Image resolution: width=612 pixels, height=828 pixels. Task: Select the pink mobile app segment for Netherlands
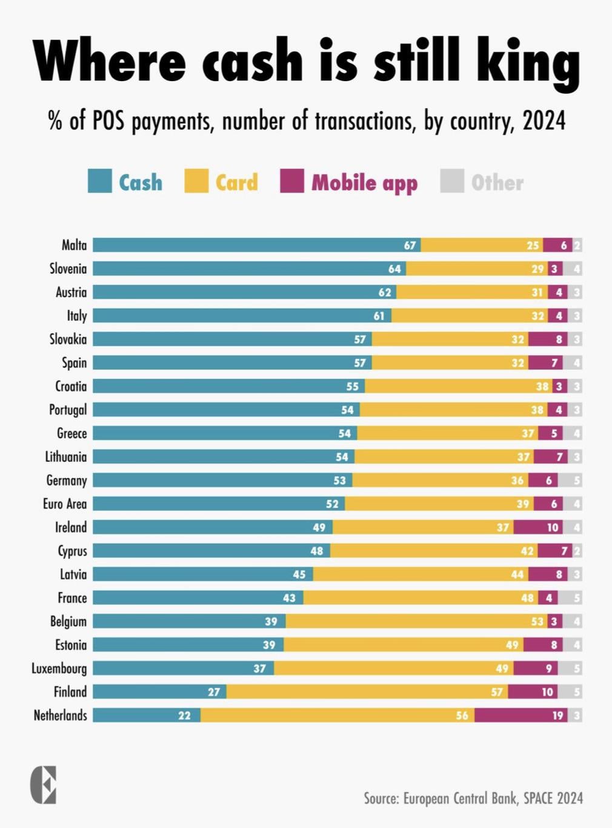point(521,715)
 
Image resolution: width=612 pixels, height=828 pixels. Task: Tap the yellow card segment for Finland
point(367,692)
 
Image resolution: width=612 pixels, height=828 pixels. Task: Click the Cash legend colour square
point(100,182)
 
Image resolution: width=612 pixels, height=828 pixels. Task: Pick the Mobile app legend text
point(364,183)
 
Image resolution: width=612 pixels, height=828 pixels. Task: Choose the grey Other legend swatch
point(452,182)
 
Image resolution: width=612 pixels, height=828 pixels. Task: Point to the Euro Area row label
point(65,504)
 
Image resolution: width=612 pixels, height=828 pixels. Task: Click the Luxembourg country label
point(59,669)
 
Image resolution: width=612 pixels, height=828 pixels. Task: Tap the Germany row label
point(67,481)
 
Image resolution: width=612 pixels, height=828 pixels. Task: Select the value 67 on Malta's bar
point(410,245)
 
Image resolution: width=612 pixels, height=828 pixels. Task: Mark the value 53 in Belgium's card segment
point(537,622)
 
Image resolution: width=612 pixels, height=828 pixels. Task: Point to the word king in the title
point(527,62)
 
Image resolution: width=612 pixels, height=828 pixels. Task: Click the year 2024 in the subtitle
point(544,121)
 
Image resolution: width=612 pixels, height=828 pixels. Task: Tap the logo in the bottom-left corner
point(44,785)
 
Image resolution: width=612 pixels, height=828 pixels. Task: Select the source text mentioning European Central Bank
point(473,798)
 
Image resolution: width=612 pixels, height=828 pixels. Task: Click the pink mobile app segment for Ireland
point(538,528)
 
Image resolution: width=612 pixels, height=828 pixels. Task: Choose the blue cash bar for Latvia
point(202,574)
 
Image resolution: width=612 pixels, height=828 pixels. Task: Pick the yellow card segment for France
point(421,598)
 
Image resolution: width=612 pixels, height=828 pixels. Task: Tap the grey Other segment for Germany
point(570,481)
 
